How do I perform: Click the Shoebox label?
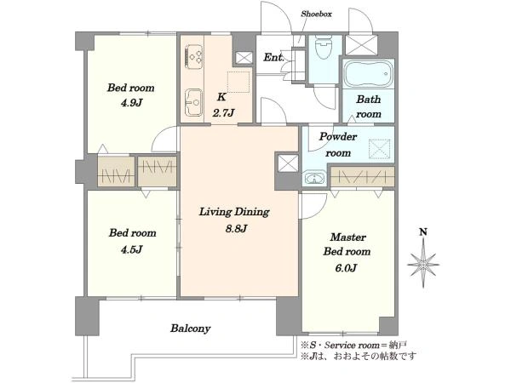click(x=316, y=14)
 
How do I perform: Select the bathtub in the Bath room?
click(x=368, y=74)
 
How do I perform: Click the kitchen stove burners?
click(x=193, y=54)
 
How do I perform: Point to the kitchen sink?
click(x=193, y=102)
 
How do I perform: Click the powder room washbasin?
click(x=314, y=178)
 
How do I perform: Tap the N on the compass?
click(x=423, y=232)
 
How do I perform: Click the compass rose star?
click(x=423, y=263)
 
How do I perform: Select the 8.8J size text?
click(x=236, y=229)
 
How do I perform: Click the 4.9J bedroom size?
click(x=131, y=103)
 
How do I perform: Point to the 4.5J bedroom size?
click(x=131, y=249)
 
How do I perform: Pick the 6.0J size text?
click(x=346, y=268)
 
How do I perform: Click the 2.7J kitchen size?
click(x=223, y=113)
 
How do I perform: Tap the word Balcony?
click(x=190, y=329)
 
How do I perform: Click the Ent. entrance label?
click(x=273, y=58)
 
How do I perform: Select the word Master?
click(x=347, y=237)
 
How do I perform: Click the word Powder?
click(x=338, y=137)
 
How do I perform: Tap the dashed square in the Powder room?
click(x=379, y=149)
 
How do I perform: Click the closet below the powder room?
click(x=363, y=177)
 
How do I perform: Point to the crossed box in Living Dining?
click(x=289, y=163)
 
